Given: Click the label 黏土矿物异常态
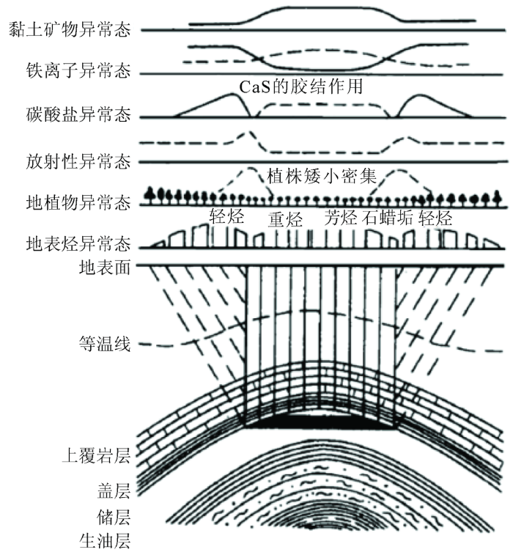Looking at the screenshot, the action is [x=70, y=29].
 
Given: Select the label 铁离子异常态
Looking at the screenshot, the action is [x=78, y=70].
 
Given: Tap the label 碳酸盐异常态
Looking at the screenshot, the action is [x=78, y=114].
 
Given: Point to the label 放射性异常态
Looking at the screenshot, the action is [x=78, y=161].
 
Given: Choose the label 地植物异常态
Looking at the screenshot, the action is [x=78, y=202].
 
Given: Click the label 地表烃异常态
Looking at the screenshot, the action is [x=78, y=243].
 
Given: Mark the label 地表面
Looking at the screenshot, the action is [x=105, y=267].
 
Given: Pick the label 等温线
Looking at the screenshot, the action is [x=105, y=343].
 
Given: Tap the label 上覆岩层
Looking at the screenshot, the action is [x=96, y=455].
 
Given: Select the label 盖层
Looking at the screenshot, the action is [x=114, y=491].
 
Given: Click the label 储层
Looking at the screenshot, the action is [x=114, y=517].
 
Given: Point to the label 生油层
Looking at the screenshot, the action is [x=105, y=541].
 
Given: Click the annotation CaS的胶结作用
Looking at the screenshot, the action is [x=301, y=87].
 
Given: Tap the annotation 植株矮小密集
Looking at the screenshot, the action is [x=322, y=176].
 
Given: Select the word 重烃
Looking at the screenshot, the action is [x=285, y=219].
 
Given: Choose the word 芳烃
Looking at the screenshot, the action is [x=341, y=217].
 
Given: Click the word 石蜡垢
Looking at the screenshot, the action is [x=388, y=217].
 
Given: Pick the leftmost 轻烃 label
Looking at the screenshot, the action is [x=226, y=216].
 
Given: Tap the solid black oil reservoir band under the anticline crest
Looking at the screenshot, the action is [x=320, y=422].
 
